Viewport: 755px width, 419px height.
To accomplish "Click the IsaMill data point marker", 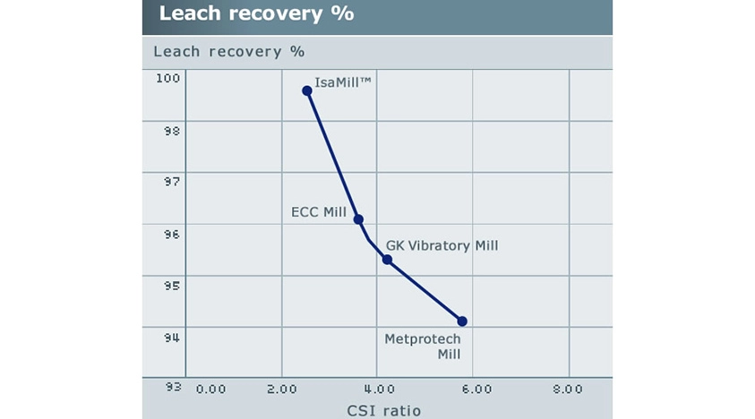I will click(307, 90).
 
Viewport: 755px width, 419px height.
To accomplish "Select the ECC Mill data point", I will click(358, 219).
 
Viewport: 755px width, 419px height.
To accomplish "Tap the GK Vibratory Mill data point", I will click(387, 260).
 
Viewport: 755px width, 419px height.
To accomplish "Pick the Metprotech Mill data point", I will click(462, 321).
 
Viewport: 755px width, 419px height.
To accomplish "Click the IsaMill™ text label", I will click(345, 82).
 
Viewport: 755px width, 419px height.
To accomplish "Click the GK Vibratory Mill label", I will click(442, 245).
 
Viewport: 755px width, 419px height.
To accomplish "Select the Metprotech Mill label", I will click(422, 346).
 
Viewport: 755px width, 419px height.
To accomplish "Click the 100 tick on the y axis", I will click(169, 79).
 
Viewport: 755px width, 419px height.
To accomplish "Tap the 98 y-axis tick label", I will click(171, 131).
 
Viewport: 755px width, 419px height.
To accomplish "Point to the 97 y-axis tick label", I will click(171, 182).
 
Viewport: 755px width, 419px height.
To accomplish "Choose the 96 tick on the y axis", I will click(171, 235).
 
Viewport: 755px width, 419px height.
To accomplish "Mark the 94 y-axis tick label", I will click(171, 338).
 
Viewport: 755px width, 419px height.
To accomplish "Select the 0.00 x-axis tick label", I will click(210, 389).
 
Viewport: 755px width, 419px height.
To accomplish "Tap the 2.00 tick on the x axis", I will click(282, 389).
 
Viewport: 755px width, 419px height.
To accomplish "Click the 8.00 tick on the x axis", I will click(567, 389).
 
